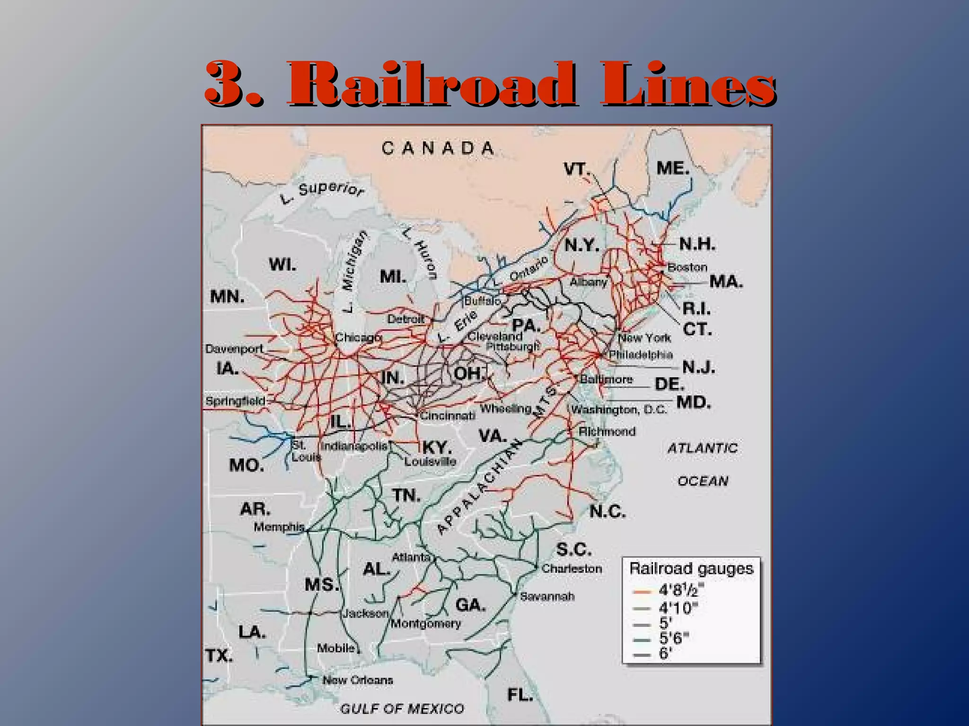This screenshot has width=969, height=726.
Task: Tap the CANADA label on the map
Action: click(438, 148)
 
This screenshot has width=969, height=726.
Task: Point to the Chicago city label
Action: click(358, 337)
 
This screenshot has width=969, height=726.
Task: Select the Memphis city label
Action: click(279, 527)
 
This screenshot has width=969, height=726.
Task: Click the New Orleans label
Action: click(358, 680)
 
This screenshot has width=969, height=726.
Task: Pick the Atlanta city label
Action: click(411, 557)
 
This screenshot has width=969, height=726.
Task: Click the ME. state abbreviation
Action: click(673, 168)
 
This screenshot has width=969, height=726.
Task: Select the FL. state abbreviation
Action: click(520, 694)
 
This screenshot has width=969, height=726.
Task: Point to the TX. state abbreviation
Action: click(219, 656)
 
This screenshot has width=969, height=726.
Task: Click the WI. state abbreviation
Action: click(282, 264)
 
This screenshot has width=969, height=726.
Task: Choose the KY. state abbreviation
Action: click(437, 447)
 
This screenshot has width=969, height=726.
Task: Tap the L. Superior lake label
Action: click(322, 191)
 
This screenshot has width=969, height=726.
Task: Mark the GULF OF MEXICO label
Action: click(402, 709)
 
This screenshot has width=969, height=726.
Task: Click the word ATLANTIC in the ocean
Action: click(703, 448)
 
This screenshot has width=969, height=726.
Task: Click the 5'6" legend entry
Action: click(674, 639)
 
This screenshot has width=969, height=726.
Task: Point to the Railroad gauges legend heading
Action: click(691, 569)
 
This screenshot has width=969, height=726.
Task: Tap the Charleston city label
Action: click(572, 568)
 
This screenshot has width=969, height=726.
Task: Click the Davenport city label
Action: click(234, 349)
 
